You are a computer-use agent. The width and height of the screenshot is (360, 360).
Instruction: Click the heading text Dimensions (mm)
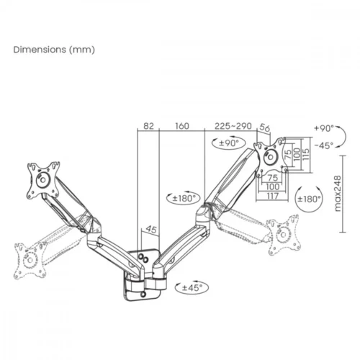coord(54,50)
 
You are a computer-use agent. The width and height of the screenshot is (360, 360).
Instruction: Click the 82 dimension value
coord(148,126)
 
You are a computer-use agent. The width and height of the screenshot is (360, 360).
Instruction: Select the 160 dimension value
coord(181,126)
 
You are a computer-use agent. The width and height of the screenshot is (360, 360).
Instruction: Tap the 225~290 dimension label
coord(233,126)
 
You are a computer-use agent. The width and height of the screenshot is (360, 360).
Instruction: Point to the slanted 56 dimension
coord(264,130)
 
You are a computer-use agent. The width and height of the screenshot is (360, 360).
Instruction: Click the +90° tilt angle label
coord(324,128)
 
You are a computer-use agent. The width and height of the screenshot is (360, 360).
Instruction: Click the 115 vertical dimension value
coord(305,156)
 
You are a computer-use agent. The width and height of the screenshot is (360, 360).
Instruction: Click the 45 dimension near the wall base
coord(151,230)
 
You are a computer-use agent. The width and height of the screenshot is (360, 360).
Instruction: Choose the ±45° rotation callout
coord(189,287)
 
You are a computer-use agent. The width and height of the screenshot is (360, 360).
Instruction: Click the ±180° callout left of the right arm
coord(181,196)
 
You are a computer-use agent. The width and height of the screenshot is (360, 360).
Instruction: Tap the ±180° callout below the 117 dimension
coord(309,198)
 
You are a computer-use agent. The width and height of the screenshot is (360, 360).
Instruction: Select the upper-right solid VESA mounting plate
coord(271,158)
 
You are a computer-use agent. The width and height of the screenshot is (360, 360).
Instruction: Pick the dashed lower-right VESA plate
coord(284,233)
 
